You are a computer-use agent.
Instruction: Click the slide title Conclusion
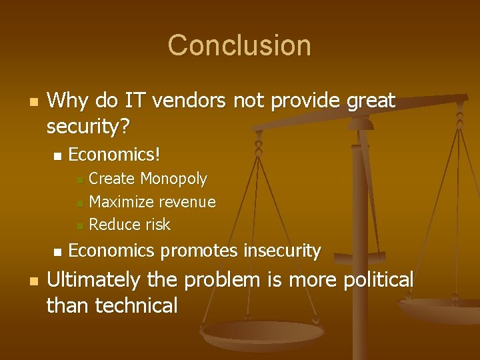tap(239, 45)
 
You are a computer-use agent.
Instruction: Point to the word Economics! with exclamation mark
tap(115, 155)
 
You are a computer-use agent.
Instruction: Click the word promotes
tap(199, 251)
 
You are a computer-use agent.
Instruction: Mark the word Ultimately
tap(93, 280)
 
